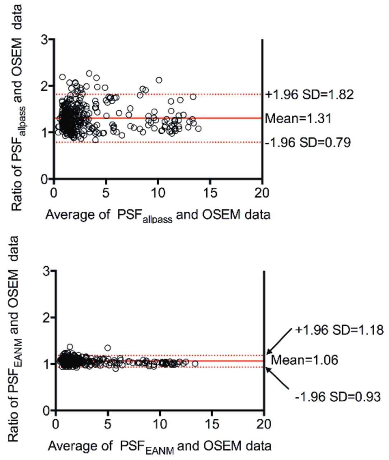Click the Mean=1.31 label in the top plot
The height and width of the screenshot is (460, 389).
(x=297, y=118)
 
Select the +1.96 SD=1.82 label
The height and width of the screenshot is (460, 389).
(x=310, y=95)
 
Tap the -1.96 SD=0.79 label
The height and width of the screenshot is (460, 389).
(x=308, y=143)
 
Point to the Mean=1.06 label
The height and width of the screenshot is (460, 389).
(x=304, y=360)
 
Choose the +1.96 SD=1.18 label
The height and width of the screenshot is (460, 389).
(x=339, y=330)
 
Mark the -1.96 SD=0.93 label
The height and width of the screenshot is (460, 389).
(x=337, y=397)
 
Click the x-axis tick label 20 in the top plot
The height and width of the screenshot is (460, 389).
(x=261, y=193)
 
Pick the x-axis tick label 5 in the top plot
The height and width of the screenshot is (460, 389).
(x=106, y=193)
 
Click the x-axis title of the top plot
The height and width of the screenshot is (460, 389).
(x=158, y=215)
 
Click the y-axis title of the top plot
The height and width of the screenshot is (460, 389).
(x=17, y=108)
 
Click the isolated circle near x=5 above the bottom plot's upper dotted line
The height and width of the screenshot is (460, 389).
(x=107, y=348)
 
